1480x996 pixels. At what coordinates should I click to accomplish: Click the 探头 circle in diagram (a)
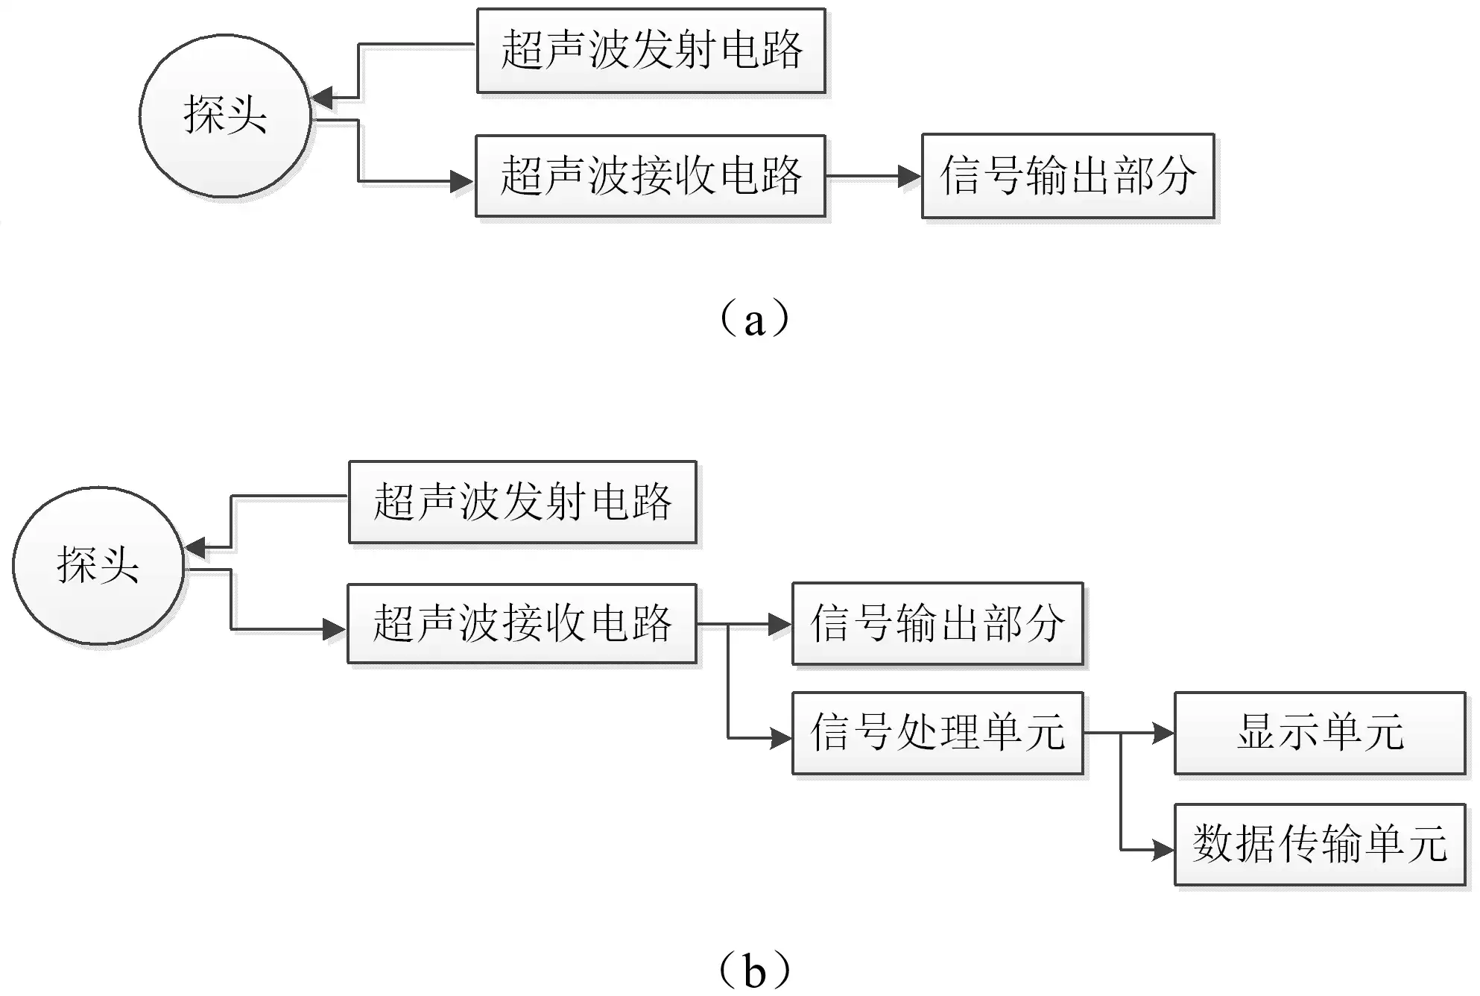225,116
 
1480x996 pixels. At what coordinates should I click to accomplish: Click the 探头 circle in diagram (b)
98,565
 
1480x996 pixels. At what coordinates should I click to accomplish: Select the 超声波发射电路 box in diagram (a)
651,51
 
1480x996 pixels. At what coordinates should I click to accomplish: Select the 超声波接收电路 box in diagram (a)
651,176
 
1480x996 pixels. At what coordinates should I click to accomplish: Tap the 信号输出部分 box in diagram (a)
1067,176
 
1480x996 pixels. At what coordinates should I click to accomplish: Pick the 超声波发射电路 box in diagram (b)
522,502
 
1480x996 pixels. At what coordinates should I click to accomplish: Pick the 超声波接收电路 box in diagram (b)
522,623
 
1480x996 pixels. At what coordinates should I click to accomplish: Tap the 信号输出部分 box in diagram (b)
937,623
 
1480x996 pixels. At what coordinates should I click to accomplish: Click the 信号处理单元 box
937,733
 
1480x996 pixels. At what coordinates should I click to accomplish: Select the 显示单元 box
1319,733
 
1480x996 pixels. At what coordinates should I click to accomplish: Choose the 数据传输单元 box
1319,844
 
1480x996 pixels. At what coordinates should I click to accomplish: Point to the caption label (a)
754,319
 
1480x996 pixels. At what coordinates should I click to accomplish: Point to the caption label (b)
754,969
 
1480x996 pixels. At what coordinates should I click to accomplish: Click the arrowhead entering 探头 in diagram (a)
322,98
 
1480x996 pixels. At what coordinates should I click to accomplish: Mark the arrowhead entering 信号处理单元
780,739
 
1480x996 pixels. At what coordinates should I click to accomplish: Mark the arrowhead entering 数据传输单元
1163,849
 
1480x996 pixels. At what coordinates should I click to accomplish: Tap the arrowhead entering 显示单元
1163,733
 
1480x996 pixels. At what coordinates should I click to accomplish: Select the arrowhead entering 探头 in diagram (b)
195,548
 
